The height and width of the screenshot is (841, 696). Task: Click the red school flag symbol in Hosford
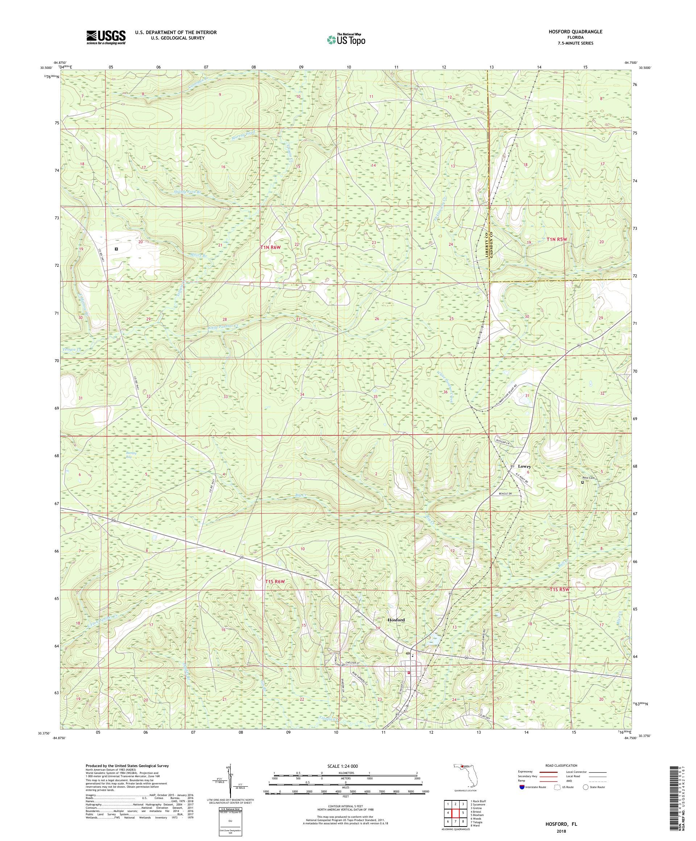click(x=408, y=673)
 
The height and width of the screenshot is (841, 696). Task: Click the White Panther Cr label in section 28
click(x=223, y=327)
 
